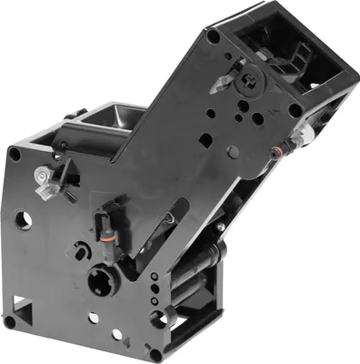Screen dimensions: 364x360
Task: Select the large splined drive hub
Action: point(102,278)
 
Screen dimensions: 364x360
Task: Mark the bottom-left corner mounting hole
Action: point(10,320)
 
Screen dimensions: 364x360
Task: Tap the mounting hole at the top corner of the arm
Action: point(213,36)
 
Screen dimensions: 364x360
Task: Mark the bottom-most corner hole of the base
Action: point(155,353)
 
